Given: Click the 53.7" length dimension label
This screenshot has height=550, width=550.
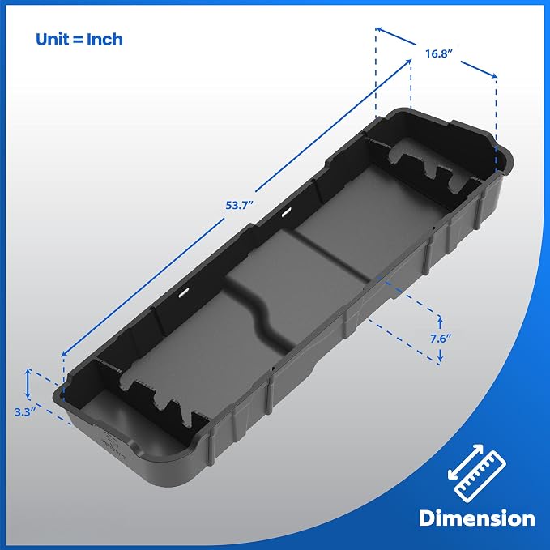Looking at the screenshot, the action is coord(239,205).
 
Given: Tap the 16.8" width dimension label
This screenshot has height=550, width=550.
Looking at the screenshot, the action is coord(439,53).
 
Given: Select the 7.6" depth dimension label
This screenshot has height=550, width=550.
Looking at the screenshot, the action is coord(441,339).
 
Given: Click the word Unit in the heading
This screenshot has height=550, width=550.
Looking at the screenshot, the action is coord(53,39).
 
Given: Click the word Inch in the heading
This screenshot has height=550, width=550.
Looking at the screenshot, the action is coord(104,39).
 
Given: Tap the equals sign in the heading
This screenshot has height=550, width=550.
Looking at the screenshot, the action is coord(78,40).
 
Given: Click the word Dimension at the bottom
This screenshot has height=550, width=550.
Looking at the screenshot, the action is coord(477,518).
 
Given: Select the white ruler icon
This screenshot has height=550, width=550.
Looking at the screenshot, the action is coord(480,476).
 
